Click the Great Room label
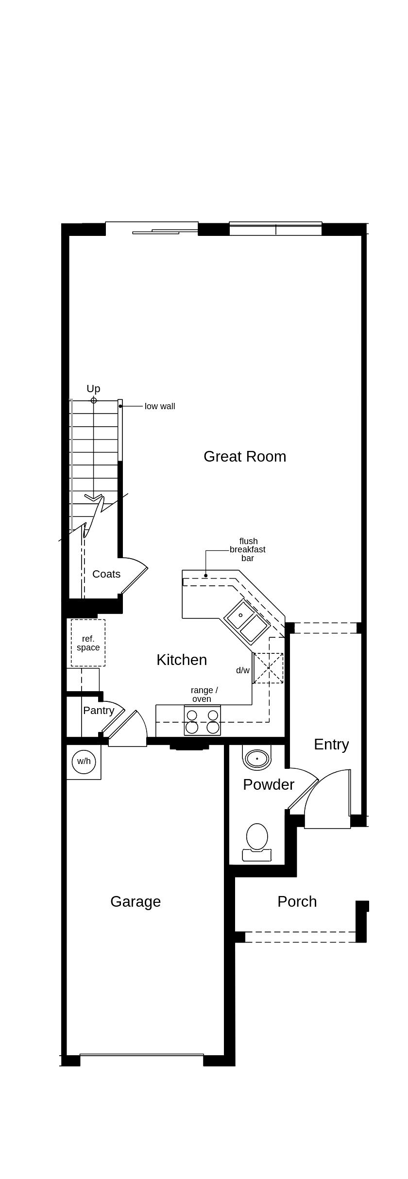245,456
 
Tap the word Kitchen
182,660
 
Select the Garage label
136,901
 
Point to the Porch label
297,901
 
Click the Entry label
331,744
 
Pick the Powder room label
269,784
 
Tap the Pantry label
99,711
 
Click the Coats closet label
106,574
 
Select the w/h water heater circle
84,761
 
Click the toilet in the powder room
257,837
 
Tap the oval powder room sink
257,758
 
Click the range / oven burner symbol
202,721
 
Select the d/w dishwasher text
243,670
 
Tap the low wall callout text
160,406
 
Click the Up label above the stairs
93,388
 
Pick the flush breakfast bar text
248,549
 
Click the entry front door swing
328,796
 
